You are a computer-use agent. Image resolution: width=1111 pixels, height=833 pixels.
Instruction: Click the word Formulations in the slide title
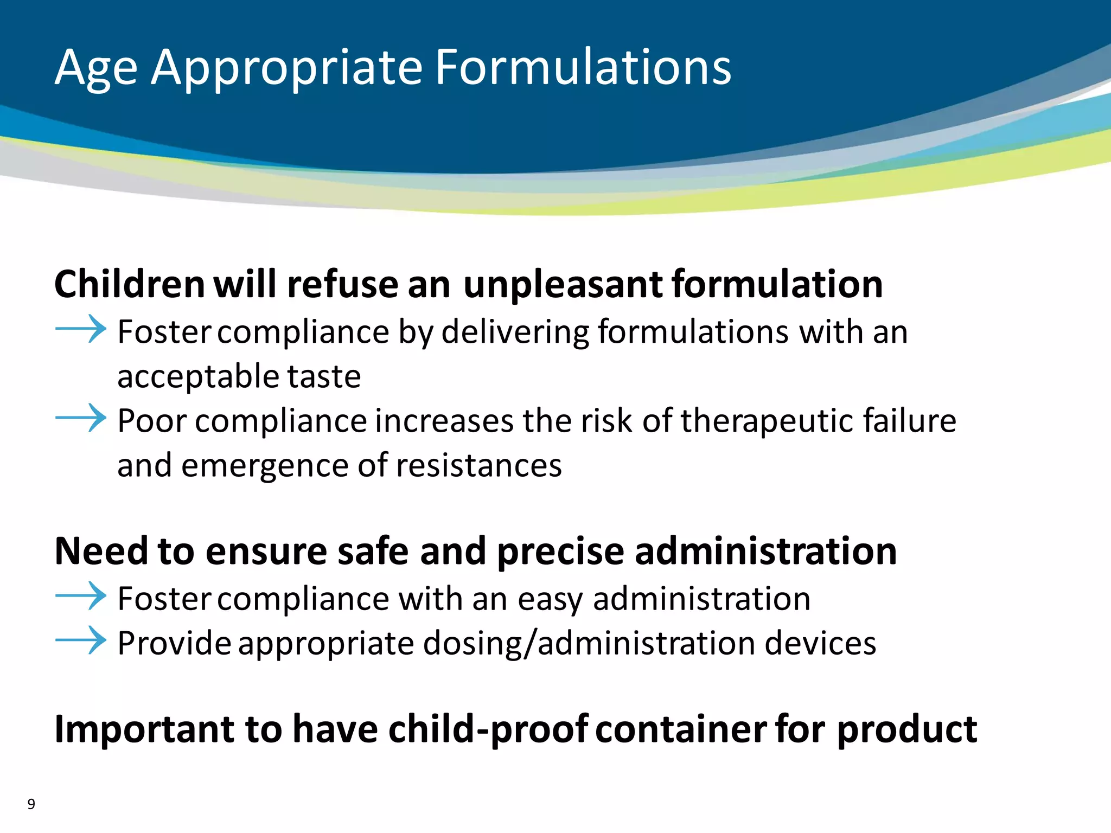click(583, 67)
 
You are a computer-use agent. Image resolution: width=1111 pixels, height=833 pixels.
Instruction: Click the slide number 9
click(31, 804)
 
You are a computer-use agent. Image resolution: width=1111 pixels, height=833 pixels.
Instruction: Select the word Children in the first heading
click(130, 284)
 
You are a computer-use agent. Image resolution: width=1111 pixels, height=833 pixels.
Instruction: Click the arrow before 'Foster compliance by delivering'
click(81, 329)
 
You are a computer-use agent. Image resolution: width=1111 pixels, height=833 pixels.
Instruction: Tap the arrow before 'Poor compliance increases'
click(81, 418)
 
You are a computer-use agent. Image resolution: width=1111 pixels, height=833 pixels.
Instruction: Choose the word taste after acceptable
click(324, 376)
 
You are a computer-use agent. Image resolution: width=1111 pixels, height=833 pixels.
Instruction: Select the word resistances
click(479, 465)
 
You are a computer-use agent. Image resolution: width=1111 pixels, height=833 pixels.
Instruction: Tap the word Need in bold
click(101, 551)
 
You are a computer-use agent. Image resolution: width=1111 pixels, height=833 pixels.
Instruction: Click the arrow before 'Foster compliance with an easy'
click(81, 596)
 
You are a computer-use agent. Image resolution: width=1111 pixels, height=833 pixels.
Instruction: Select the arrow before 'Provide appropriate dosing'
click(81, 640)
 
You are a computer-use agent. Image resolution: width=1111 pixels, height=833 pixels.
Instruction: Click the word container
click(681, 729)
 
